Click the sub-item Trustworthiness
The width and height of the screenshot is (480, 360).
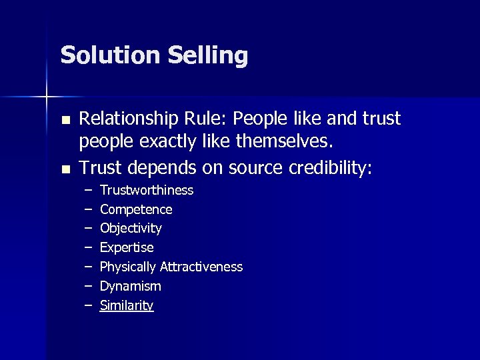(x=147, y=191)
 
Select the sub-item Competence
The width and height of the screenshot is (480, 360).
(x=136, y=209)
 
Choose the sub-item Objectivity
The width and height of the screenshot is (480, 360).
(x=131, y=229)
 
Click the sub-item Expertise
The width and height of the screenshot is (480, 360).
(x=127, y=248)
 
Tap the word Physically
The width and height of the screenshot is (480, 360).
(x=129, y=267)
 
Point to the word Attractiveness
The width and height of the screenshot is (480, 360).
(x=201, y=267)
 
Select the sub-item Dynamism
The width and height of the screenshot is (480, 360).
(x=131, y=286)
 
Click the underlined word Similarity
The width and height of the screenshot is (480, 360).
(x=127, y=305)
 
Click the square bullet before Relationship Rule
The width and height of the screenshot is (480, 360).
(x=65, y=121)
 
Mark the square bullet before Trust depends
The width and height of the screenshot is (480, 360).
(x=65, y=169)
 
